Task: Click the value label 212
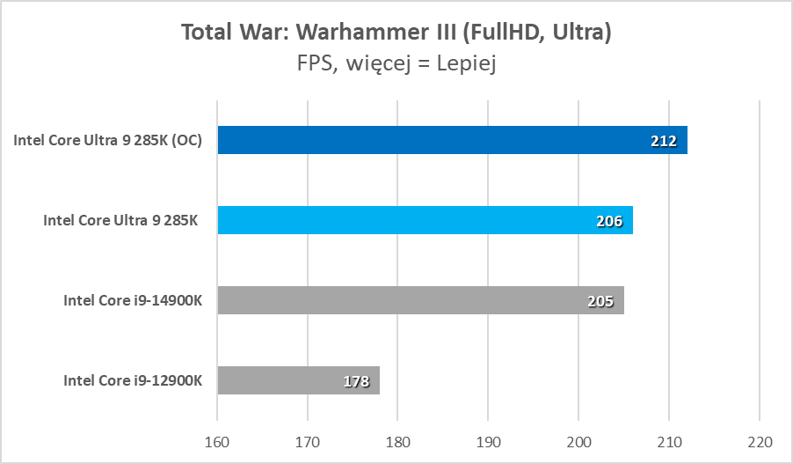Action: (x=664, y=141)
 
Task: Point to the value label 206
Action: (x=609, y=221)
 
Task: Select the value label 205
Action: (x=600, y=301)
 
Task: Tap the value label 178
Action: (x=356, y=381)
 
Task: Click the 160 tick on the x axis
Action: (x=217, y=439)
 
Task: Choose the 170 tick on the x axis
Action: (x=308, y=439)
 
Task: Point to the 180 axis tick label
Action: (x=398, y=439)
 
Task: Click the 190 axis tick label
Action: (x=489, y=439)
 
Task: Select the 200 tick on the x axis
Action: (x=579, y=439)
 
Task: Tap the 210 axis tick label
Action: (x=669, y=439)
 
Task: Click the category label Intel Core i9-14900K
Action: (x=133, y=300)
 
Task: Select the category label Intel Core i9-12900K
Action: (x=133, y=380)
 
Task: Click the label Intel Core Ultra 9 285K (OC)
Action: (x=108, y=140)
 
